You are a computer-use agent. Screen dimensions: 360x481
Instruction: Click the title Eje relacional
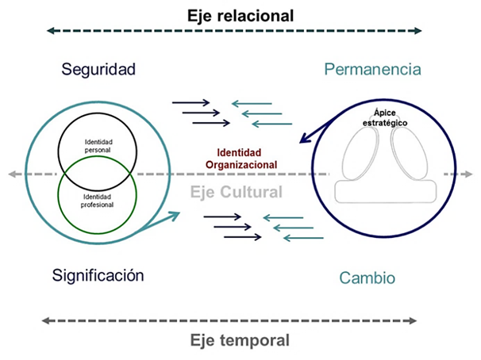click(240, 14)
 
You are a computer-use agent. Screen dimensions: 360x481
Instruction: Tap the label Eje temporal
click(240, 341)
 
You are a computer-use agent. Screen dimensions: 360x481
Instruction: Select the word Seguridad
click(98, 69)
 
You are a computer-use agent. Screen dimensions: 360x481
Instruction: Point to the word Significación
click(98, 276)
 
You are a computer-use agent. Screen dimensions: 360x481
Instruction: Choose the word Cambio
click(367, 278)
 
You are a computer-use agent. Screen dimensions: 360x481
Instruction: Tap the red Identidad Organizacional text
click(246, 159)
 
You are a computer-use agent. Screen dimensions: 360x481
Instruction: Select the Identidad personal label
click(98, 145)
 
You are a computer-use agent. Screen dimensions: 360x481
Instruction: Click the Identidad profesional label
click(98, 201)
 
